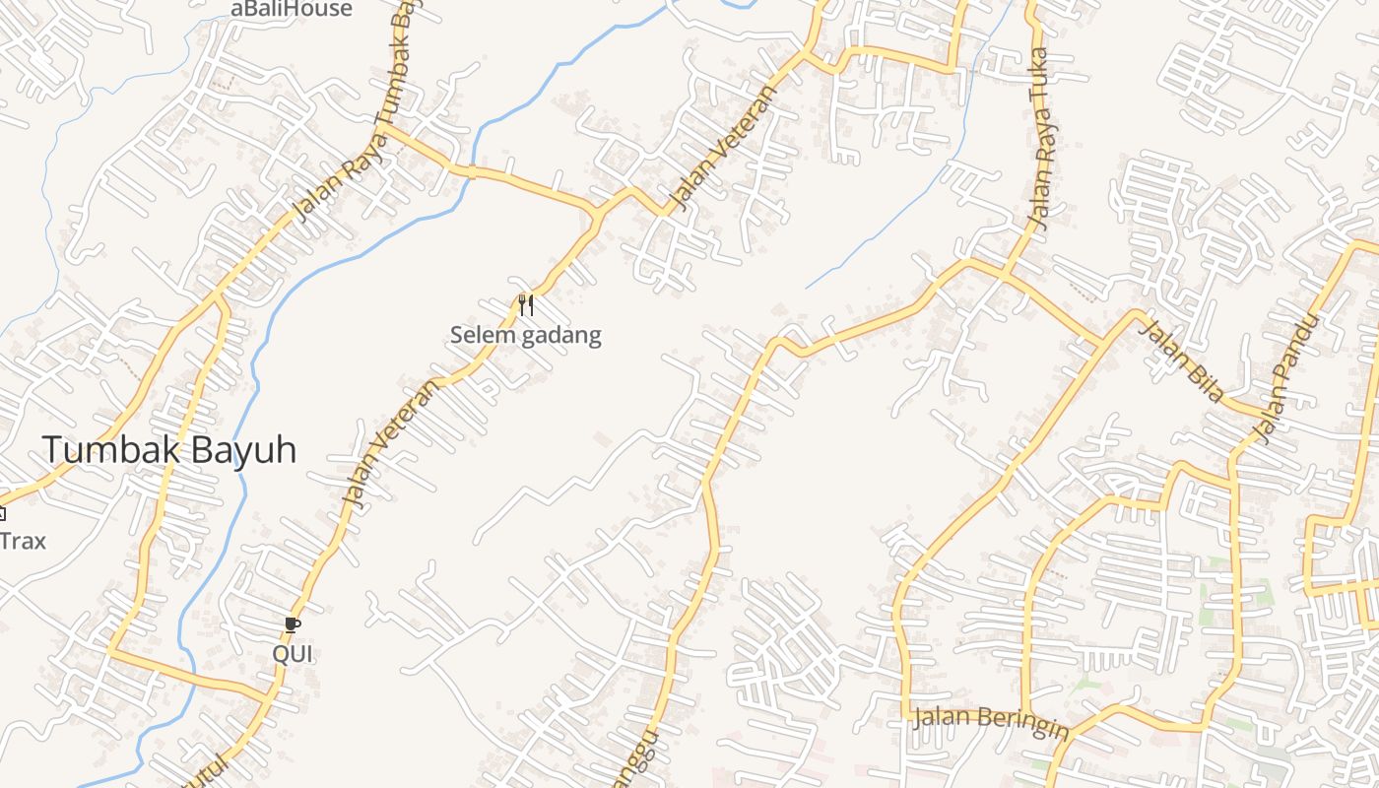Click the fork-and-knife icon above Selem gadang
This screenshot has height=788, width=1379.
point(526,305)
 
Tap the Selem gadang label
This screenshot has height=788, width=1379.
point(525,335)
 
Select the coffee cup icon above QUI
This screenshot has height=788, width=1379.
point(292,624)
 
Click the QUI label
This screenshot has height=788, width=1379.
point(292,653)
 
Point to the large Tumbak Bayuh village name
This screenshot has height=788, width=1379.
point(168,450)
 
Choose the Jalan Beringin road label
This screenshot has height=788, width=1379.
point(991,722)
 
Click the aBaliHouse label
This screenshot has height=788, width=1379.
point(291,9)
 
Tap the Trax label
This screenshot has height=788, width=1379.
point(23,541)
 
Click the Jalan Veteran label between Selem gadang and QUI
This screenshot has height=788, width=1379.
point(388,443)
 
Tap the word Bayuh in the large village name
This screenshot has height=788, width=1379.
point(243,450)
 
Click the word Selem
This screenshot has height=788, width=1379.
point(483,335)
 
